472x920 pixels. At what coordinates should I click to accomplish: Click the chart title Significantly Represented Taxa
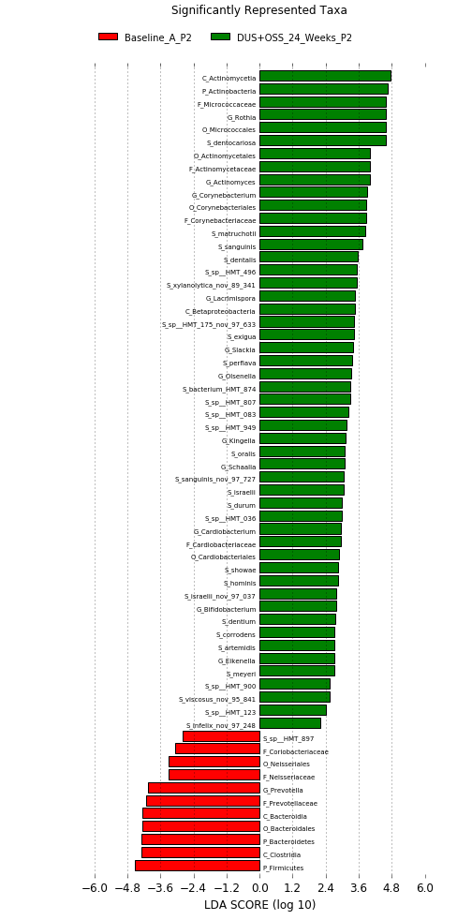[258, 10]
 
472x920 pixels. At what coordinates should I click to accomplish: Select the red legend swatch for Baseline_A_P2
[108, 37]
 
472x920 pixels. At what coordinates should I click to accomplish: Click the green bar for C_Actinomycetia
[325, 76]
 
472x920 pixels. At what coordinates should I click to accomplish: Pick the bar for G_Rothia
[323, 115]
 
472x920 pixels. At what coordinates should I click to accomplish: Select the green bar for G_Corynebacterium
[314, 192]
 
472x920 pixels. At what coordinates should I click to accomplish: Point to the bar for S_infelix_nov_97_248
[290, 723]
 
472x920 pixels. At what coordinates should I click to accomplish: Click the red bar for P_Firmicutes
[198, 866]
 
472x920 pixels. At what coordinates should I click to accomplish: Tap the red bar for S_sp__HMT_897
[222, 736]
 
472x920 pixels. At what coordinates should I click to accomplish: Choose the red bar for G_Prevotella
[204, 788]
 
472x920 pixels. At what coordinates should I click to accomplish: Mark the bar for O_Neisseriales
[214, 763]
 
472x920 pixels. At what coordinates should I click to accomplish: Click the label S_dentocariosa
[231, 142]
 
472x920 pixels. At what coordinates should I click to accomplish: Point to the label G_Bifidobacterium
[227, 609]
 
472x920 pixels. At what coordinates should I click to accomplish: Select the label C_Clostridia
[282, 854]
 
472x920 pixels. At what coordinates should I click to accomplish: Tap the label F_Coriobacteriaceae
[296, 751]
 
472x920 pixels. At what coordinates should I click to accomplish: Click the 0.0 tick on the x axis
[259, 887]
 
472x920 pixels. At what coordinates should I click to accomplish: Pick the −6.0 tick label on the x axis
[95, 887]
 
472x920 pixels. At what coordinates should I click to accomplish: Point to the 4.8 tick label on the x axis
[392, 887]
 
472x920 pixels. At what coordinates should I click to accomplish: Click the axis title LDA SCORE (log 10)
[259, 905]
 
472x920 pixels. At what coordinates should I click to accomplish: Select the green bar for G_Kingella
[303, 438]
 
